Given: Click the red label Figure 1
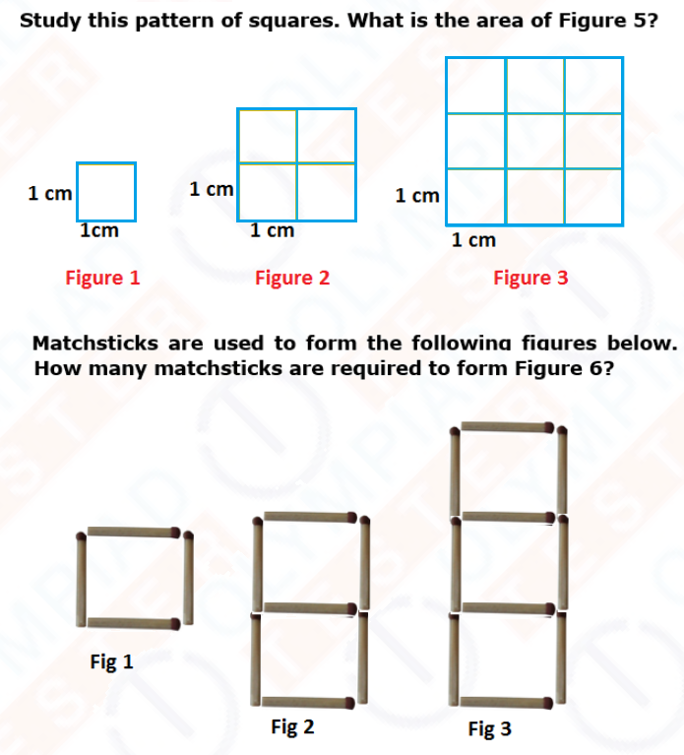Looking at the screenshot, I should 102,278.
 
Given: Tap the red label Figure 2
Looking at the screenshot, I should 291,278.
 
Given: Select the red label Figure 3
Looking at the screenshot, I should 530,278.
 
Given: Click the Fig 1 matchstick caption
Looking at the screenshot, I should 111,662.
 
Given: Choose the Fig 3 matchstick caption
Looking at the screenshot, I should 489,729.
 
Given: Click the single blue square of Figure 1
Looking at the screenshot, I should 105,193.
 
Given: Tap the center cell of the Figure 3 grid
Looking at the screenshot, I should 534,141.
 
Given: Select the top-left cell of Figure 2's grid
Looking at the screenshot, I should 268,136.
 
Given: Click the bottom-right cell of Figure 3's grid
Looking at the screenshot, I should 592,196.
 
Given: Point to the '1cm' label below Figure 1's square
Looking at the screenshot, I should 99,231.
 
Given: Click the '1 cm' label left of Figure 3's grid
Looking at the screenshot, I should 416,196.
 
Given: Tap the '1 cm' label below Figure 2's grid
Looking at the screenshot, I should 272,231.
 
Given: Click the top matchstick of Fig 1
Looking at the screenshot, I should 133,533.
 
